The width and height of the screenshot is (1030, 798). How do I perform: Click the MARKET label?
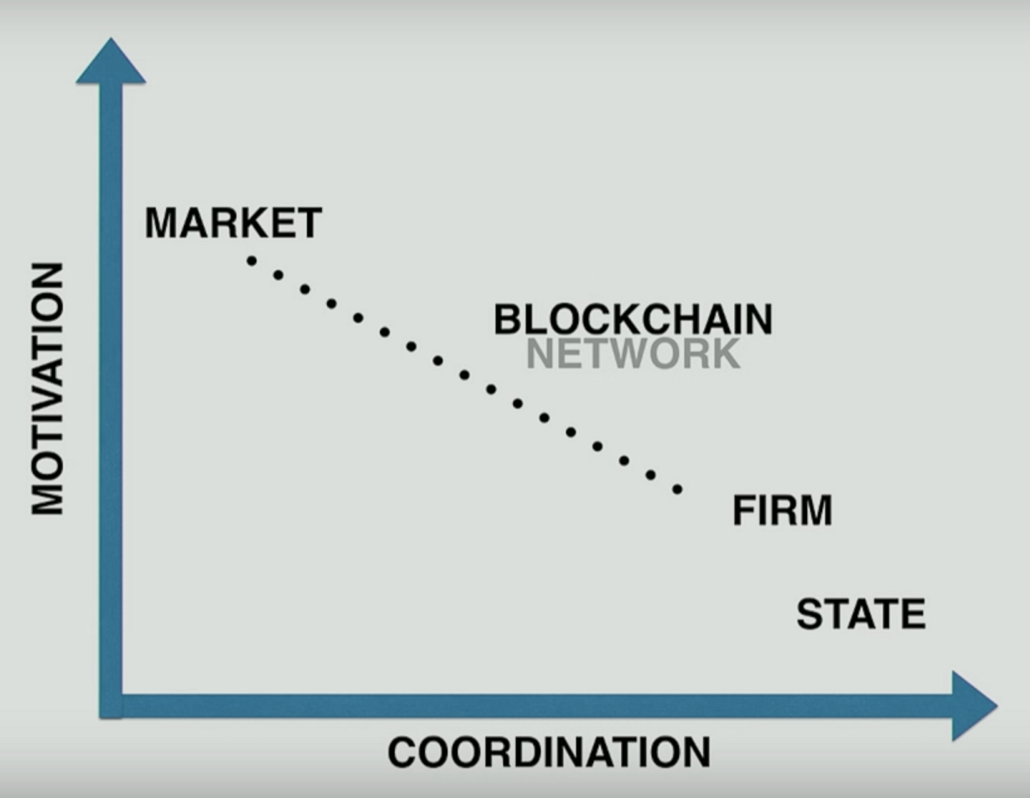(x=233, y=223)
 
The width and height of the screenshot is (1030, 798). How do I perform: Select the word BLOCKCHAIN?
(x=633, y=319)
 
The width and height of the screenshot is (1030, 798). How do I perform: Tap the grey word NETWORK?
(x=633, y=353)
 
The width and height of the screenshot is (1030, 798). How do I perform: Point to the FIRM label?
(x=782, y=511)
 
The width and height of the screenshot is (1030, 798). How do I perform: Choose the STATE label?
(x=860, y=614)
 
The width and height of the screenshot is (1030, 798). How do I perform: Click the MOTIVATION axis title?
(x=48, y=388)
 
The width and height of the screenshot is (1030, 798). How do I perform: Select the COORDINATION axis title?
(x=549, y=752)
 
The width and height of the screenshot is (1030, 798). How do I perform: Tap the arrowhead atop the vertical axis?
(x=111, y=63)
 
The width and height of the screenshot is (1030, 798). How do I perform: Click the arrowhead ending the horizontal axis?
(x=973, y=706)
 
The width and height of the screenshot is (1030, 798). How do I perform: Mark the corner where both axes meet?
(x=111, y=706)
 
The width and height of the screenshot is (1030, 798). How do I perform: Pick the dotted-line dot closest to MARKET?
(x=252, y=261)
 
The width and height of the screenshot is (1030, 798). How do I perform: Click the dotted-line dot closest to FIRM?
(x=677, y=490)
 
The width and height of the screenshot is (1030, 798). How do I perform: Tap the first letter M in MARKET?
(x=162, y=223)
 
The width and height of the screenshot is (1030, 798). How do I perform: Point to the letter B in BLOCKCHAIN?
(x=507, y=319)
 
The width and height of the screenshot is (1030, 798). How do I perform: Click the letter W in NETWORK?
(x=634, y=353)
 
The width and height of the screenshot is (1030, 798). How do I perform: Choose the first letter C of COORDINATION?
(x=403, y=752)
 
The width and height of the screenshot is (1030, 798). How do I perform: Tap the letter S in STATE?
(x=810, y=614)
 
